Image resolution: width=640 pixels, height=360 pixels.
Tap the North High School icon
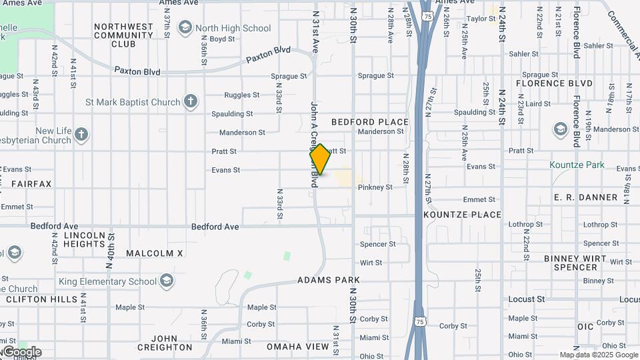click(x=185, y=28)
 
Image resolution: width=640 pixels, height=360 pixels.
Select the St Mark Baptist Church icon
click(x=191, y=102)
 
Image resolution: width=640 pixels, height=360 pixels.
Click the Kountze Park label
click(x=577, y=165)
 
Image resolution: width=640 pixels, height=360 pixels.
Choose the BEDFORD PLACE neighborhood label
click(x=369, y=122)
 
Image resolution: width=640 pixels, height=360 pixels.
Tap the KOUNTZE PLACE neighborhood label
click(x=462, y=215)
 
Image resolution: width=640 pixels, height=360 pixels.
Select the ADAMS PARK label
click(x=329, y=280)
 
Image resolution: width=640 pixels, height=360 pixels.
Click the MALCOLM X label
click(x=154, y=253)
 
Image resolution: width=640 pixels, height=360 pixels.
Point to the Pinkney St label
click(x=375, y=187)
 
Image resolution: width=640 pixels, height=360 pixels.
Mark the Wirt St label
click(x=371, y=263)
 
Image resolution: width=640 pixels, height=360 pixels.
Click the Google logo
click(x=22, y=351)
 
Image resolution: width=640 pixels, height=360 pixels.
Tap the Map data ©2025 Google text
click(x=598, y=355)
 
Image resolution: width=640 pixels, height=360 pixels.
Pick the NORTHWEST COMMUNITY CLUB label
click(x=123, y=35)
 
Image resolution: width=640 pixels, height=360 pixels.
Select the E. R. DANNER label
click(x=585, y=197)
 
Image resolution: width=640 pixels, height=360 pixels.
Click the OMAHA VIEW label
click(x=297, y=347)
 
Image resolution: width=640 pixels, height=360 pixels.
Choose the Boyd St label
click(x=222, y=39)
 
